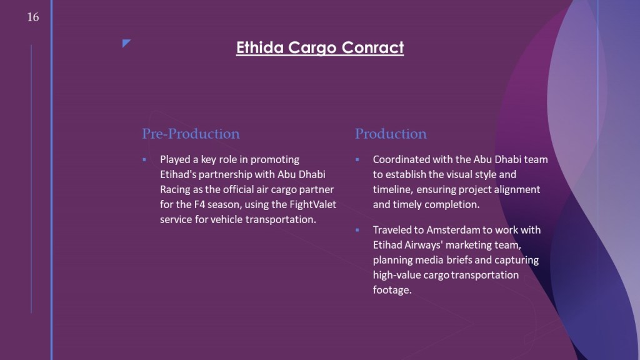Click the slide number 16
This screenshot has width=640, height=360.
click(33, 17)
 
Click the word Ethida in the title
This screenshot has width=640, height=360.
click(259, 47)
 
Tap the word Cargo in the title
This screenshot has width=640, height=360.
click(312, 48)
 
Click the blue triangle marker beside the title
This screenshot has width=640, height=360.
click(126, 43)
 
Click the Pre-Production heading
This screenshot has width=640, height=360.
click(191, 134)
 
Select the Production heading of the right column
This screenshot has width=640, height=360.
click(391, 134)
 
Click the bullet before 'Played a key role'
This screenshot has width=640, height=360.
click(144, 159)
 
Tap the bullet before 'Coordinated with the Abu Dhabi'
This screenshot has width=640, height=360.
click(357, 159)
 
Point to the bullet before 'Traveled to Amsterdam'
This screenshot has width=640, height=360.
click(357, 230)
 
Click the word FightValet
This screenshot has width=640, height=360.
click(313, 204)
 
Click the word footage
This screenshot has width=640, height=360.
click(392, 290)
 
